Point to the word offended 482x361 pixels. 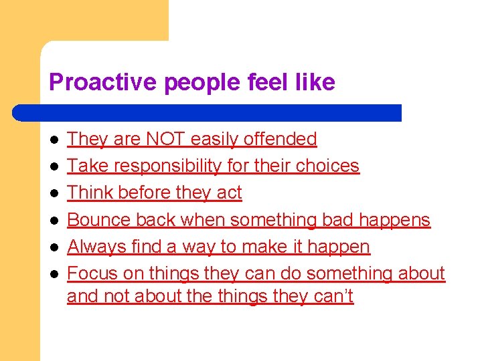(280, 139)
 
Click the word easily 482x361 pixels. (215, 139)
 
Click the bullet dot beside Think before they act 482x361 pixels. (54, 193)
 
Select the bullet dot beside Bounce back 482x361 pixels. (54, 220)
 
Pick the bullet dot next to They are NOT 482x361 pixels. (54, 140)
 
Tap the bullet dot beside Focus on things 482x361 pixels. (54, 274)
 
